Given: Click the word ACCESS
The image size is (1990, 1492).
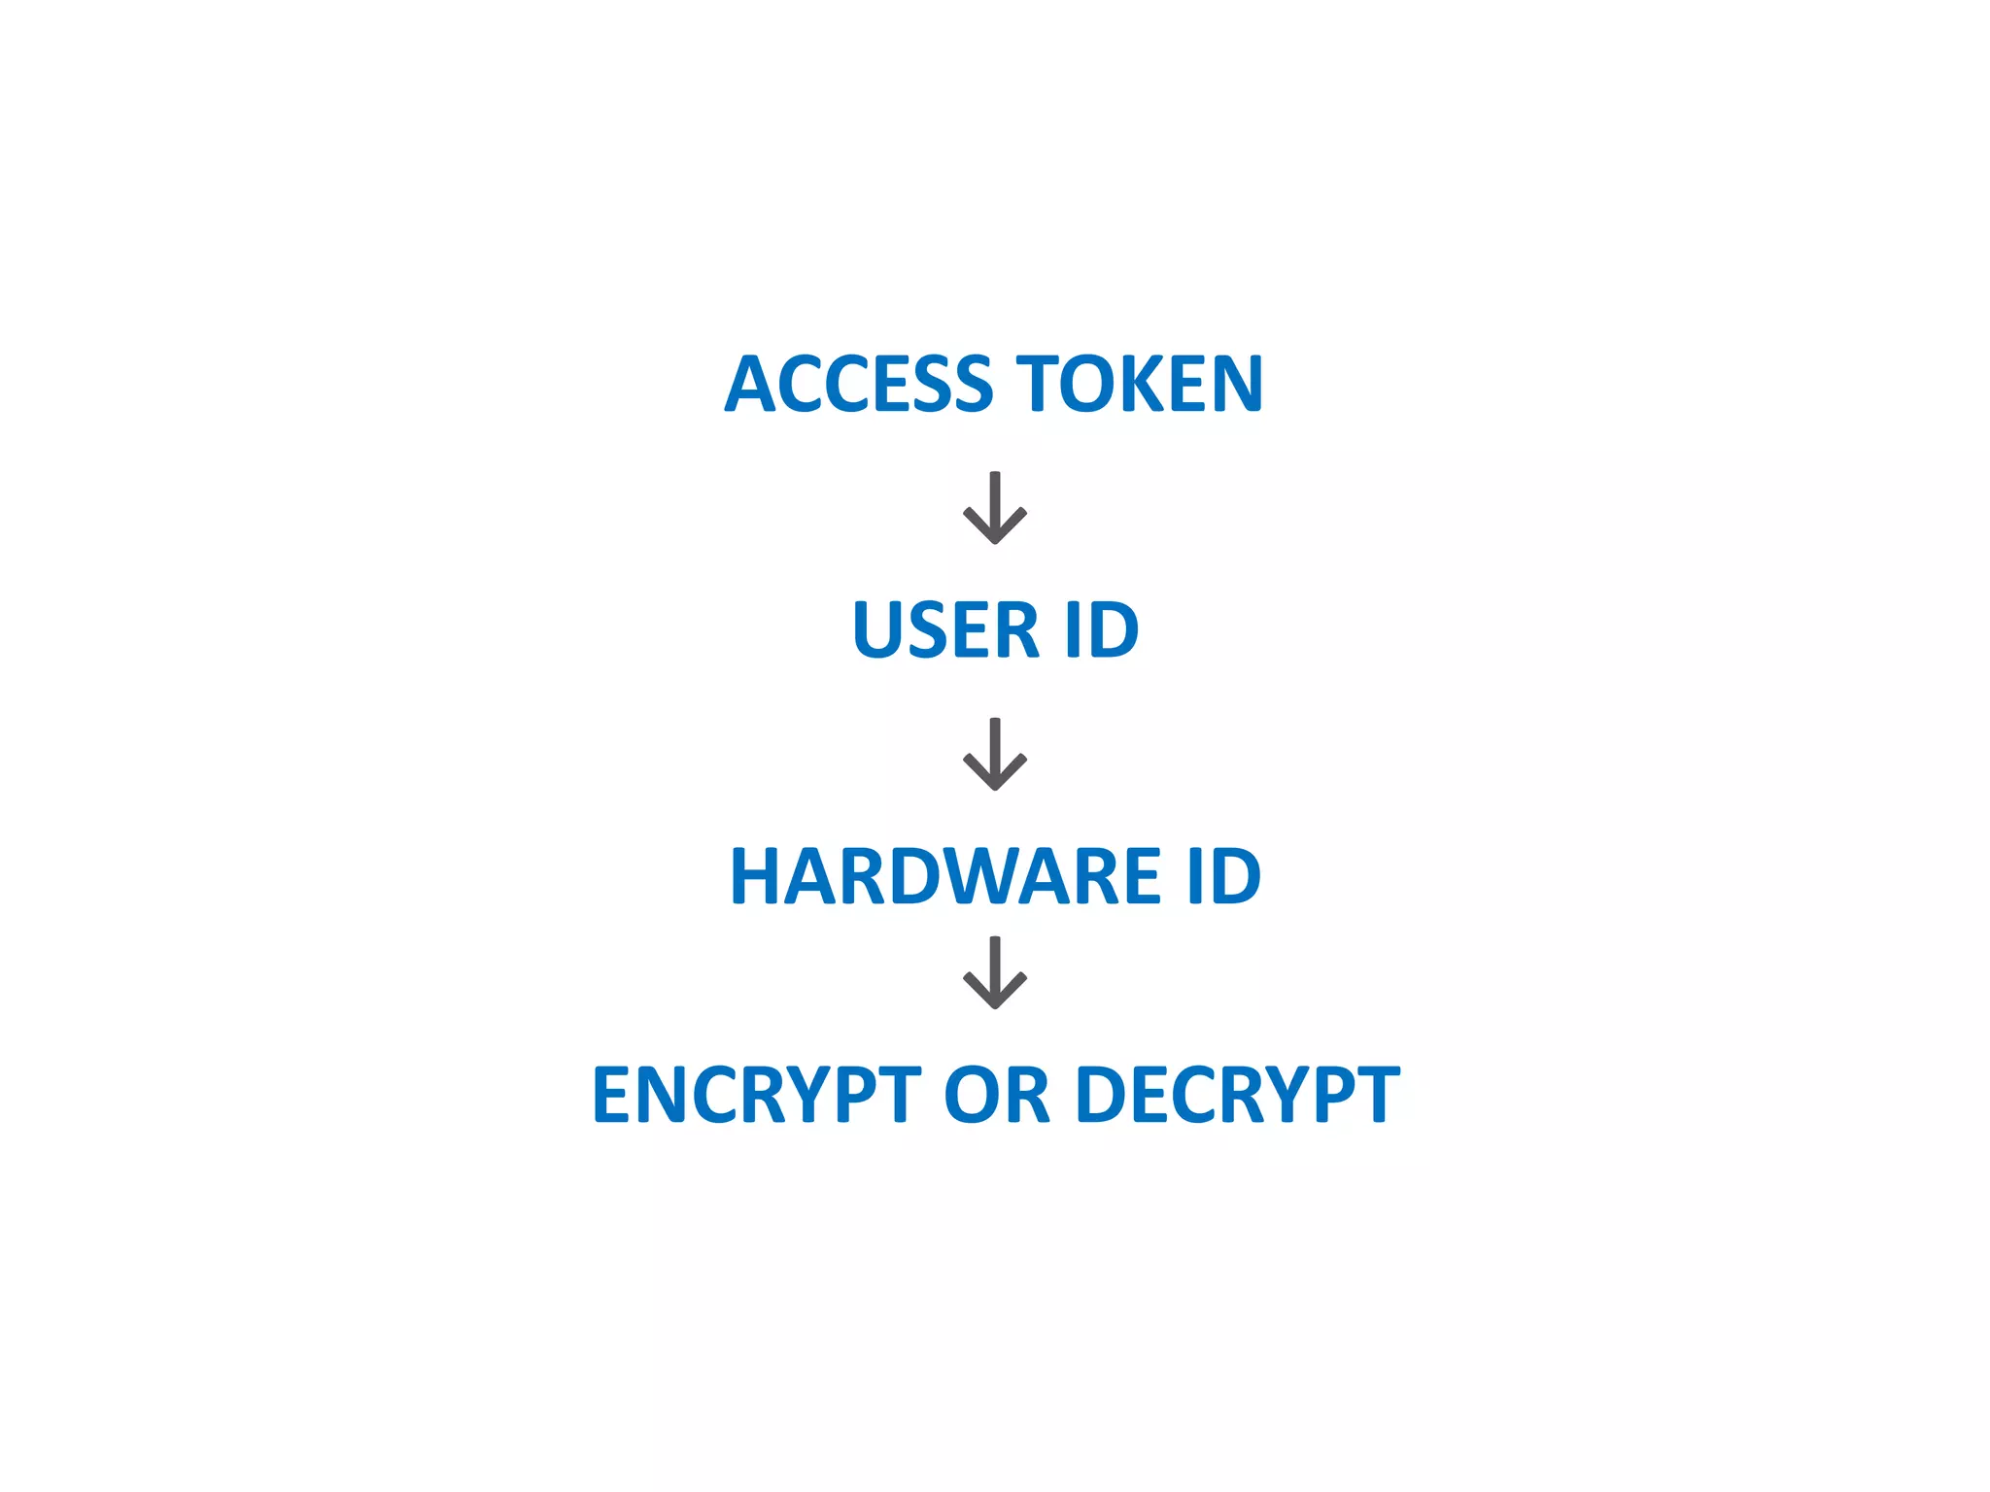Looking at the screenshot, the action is click(x=859, y=384).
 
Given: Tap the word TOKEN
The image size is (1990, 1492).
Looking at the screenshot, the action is click(x=1139, y=384).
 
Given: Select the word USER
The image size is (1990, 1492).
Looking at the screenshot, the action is click(x=945, y=629).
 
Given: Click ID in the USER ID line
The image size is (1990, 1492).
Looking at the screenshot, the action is click(x=1101, y=629).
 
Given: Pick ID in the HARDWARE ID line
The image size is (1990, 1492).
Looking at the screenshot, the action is click(x=1222, y=876).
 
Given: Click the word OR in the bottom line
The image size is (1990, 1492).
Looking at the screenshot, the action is click(x=997, y=1095).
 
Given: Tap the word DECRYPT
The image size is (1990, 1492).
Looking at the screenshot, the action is click(x=1238, y=1095).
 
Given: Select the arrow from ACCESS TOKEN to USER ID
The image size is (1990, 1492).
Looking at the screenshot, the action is click(x=994, y=508).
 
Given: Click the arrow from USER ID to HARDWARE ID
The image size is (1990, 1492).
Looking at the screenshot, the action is click(x=994, y=755).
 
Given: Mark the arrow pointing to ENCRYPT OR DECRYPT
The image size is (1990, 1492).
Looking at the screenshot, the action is click(x=994, y=973).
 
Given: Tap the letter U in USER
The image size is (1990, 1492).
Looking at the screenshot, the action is click(x=878, y=629).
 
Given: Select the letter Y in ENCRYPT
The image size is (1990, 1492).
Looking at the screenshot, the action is click(x=817, y=1095).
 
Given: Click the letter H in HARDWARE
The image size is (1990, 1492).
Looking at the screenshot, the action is click(x=759, y=876).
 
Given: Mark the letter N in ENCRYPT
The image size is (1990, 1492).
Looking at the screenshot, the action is click(x=667, y=1095).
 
